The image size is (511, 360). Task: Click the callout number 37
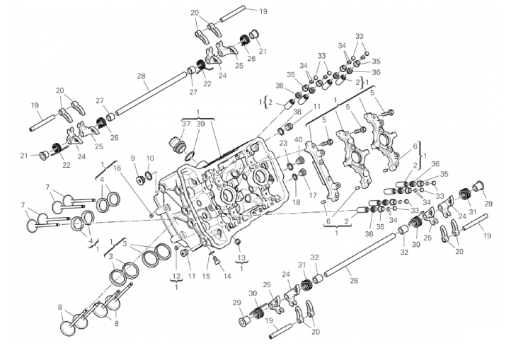click(186, 124)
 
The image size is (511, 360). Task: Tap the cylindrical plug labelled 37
click(178, 145)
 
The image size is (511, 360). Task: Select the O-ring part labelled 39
click(190, 156)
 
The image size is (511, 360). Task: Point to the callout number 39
click(200, 124)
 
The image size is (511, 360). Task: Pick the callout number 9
click(132, 158)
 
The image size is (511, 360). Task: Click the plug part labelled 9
click(140, 180)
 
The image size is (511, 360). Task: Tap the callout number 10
click(150, 158)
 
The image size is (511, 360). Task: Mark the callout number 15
click(206, 276)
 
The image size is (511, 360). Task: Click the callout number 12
click(176, 277)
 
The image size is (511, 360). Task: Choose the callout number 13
click(241, 258)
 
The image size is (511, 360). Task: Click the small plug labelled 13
click(238, 242)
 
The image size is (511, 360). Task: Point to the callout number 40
click(298, 140)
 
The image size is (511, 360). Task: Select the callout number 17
click(313, 195)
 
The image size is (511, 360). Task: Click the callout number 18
click(297, 202)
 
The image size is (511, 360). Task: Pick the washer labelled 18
click(294, 177)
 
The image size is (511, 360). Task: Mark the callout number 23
click(283, 142)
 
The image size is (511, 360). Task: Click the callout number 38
click(297, 112)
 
